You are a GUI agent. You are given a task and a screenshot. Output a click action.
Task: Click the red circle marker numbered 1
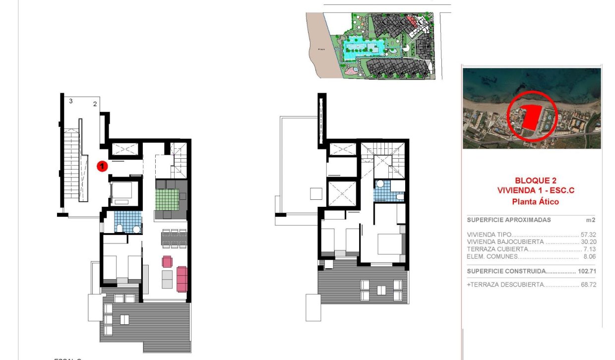click(102, 166)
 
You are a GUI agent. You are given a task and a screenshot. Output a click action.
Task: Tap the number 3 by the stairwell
click(71, 101)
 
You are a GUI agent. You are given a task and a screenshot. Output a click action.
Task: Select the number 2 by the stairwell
click(94, 104)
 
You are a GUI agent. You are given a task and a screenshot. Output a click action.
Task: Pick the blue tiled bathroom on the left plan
click(127, 221)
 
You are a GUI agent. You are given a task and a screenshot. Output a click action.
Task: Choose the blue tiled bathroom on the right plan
click(383, 191)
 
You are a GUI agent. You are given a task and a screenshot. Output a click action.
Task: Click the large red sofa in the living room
click(182, 279)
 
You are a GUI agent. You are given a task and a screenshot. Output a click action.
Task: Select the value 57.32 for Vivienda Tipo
click(588, 235)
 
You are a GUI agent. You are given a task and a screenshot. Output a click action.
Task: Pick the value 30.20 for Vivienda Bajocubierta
click(588, 242)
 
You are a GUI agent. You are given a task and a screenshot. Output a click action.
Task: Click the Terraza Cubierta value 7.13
click(589, 249)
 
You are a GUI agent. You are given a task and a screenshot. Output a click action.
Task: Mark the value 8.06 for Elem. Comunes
click(589, 257)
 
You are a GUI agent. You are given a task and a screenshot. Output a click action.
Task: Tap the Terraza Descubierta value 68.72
click(588, 285)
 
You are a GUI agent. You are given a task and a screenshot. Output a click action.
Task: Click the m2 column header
click(591, 220)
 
